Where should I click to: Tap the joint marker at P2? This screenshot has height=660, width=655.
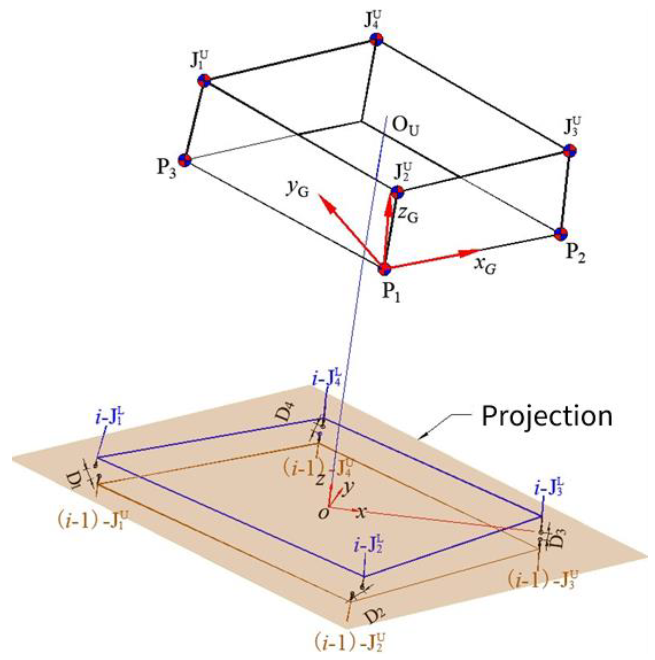tap(561, 234)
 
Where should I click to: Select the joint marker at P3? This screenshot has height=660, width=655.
tap(184, 160)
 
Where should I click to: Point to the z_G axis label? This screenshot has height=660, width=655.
tap(407, 215)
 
